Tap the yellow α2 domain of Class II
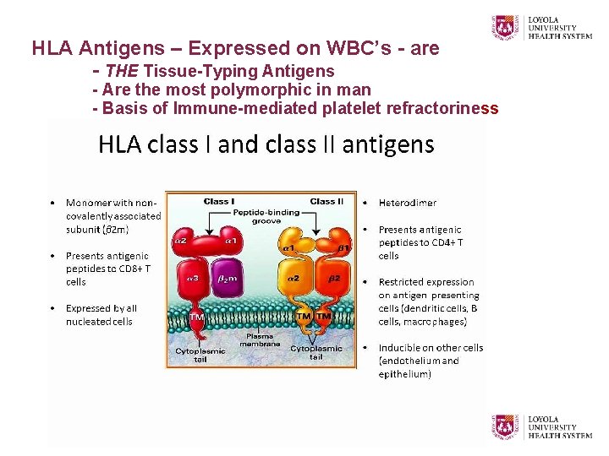(x=294, y=279)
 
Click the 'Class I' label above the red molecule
(x=219, y=201)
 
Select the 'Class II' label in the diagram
(x=326, y=201)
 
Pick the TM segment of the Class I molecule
(x=196, y=317)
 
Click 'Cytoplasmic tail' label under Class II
(x=315, y=352)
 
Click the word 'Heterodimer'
(x=408, y=203)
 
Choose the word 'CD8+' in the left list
(x=130, y=269)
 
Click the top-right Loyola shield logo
(x=504, y=27)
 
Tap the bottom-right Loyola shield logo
(x=504, y=426)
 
